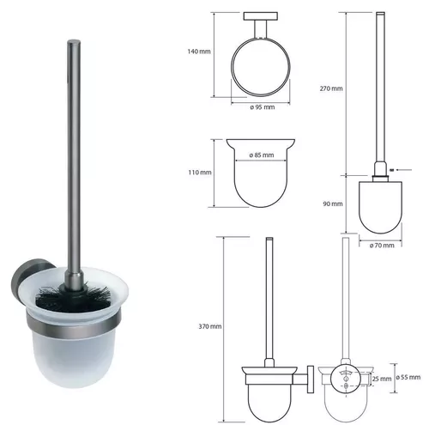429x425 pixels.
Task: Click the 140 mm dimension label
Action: pos(199,52)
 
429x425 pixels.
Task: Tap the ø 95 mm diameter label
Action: pos(262,107)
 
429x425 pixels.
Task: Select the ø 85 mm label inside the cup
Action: pos(262,155)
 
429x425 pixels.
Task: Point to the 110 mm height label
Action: pos(200,173)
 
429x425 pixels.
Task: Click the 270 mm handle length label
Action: pos(331,88)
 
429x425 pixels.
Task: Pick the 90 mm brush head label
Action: pos(333,204)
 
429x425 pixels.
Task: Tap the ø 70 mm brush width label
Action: pos(382,246)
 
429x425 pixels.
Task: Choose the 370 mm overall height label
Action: pos(210,326)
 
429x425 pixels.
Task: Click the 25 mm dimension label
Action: pos(382,379)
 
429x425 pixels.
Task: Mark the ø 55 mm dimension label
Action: pos(408,377)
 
